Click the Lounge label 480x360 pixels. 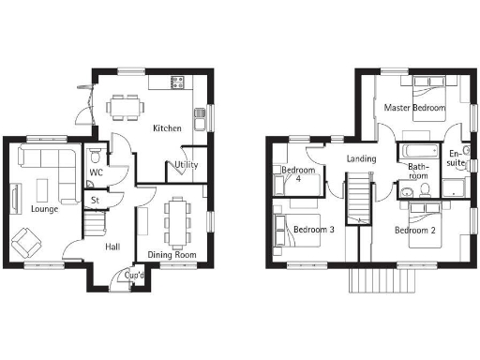click(43, 209)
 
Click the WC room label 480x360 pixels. click(96, 172)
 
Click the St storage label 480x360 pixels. click(95, 200)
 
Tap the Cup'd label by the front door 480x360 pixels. click(134, 276)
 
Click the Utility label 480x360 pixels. click(185, 165)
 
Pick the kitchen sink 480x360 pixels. click(200, 118)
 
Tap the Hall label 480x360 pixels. click(112, 247)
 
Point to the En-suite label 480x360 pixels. click(456, 158)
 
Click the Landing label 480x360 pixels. click(361, 158)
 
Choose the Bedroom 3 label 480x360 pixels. click(314, 230)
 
